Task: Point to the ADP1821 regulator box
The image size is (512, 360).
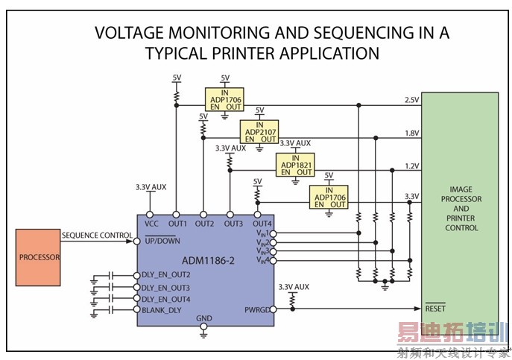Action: click(x=294, y=164)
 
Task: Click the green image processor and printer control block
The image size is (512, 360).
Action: click(x=459, y=209)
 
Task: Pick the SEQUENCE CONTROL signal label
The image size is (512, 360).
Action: click(x=97, y=235)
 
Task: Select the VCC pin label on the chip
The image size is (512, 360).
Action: click(x=151, y=223)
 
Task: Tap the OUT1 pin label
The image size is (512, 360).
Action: click(x=177, y=223)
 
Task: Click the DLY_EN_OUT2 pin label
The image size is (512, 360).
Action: click(x=171, y=274)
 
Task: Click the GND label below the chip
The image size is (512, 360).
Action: click(x=204, y=318)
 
